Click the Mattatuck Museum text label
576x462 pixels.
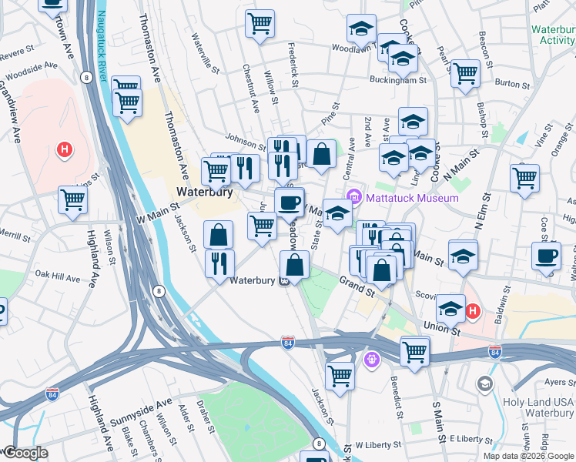412,198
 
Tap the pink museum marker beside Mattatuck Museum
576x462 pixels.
355,197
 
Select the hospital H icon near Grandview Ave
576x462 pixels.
65,149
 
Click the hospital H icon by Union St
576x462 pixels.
474,311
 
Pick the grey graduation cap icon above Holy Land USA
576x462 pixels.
484,383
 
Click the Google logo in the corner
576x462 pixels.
25,453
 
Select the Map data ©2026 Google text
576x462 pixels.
528,455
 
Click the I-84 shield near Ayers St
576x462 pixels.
495,352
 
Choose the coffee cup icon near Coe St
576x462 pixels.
546,256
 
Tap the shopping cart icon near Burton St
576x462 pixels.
465,75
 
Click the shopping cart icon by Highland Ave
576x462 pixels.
73,200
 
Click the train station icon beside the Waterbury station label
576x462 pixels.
283,282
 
